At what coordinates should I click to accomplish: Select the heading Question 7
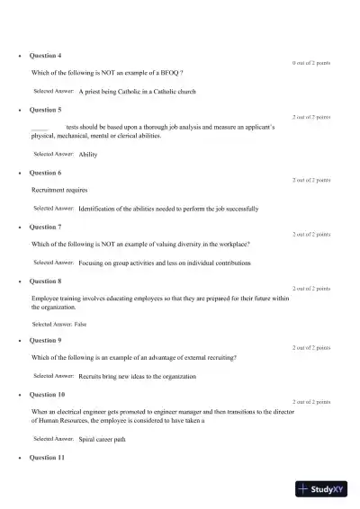46,228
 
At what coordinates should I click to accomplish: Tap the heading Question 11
48,458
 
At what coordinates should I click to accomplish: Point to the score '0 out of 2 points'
311,64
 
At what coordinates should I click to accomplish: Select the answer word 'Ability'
88,155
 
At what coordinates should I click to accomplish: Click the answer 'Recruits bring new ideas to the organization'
137,376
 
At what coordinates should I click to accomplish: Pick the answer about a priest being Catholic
137,92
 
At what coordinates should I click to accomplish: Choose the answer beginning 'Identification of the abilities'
168,209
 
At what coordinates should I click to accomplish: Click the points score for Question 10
311,402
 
